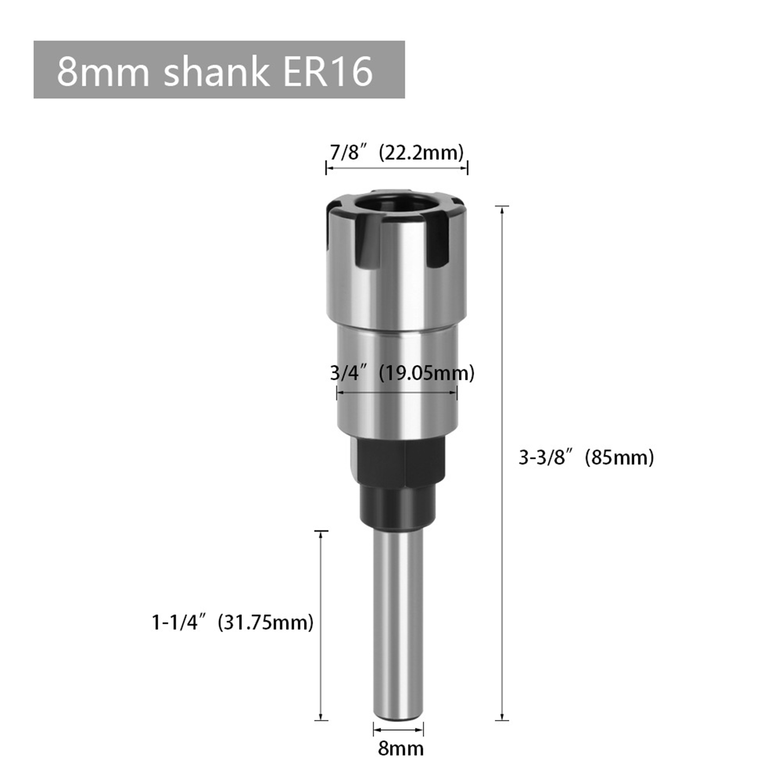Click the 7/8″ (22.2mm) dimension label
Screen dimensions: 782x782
(396, 152)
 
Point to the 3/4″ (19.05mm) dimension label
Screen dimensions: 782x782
(402, 373)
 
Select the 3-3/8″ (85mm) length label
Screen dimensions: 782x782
(586, 457)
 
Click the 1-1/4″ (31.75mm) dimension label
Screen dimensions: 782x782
(233, 623)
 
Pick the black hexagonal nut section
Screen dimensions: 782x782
(398, 460)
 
